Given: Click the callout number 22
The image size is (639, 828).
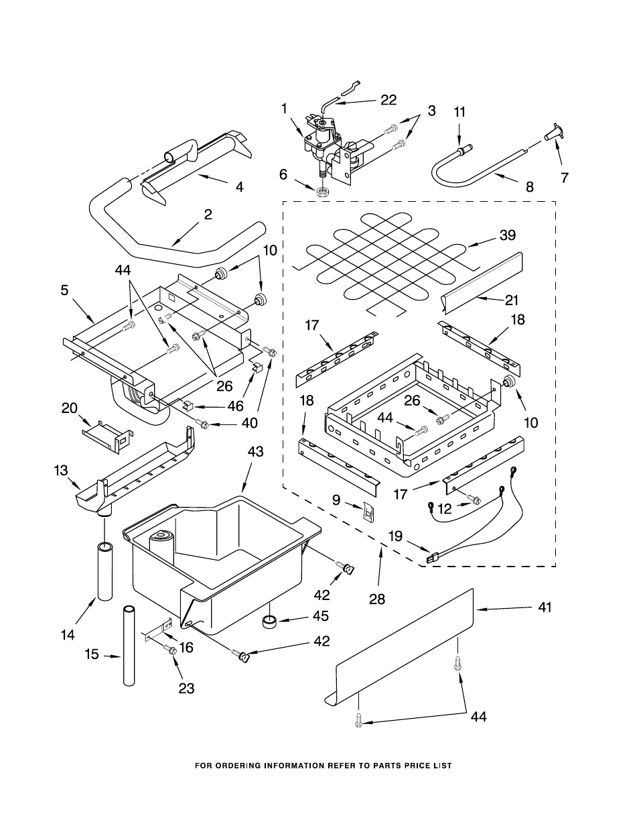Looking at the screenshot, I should tap(388, 100).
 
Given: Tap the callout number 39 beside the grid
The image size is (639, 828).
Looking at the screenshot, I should tap(507, 235).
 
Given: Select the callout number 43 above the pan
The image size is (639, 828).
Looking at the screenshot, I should tap(255, 453).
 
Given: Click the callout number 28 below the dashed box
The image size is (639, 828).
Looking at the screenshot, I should tap(377, 599).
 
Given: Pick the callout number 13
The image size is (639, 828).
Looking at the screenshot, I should tap(62, 471).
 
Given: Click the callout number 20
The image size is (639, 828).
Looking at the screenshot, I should tap(69, 408).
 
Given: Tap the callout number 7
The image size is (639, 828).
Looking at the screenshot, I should tap(565, 178).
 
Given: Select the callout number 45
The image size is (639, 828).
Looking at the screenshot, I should tap(321, 615).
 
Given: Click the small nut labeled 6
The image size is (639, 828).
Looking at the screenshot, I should tap(323, 192).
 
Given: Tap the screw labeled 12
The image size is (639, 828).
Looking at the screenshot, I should tap(476, 499).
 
